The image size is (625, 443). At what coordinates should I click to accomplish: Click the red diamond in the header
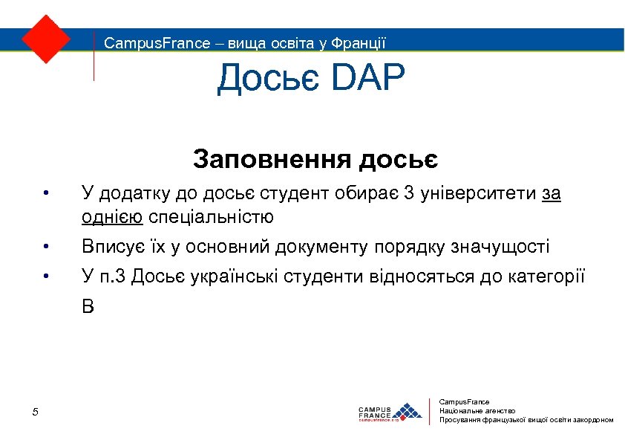[x=46, y=38]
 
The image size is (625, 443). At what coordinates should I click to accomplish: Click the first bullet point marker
[x=45, y=195]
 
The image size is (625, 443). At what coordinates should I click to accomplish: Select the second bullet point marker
[x=45, y=247]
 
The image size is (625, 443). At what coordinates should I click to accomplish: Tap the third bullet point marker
[x=45, y=278]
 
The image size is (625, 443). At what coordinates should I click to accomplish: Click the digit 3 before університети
[x=409, y=195]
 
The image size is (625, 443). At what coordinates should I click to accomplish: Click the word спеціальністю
[x=211, y=218]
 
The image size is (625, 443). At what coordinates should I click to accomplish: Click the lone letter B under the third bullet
[x=88, y=307]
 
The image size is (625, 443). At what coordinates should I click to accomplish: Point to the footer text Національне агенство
[x=477, y=410]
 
